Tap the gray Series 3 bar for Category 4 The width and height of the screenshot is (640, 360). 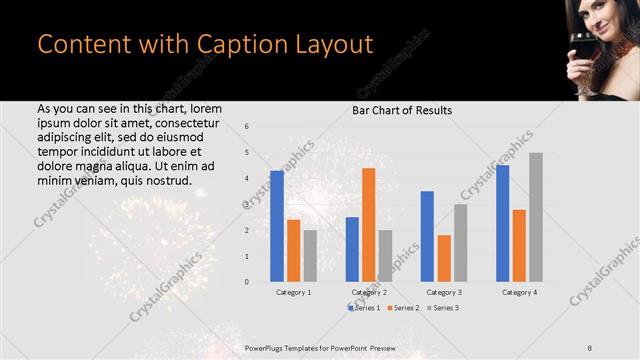coord(535,218)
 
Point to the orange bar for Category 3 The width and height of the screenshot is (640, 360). coord(443,259)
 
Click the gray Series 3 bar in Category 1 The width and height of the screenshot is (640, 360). coord(309,256)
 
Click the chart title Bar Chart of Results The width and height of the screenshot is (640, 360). coord(401,110)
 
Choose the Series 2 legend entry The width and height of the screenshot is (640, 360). coord(405,307)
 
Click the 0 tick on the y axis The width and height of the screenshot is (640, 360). coord(247,282)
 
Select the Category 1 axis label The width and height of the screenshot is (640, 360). coord(293,292)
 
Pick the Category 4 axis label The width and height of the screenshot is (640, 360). coord(518,292)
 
